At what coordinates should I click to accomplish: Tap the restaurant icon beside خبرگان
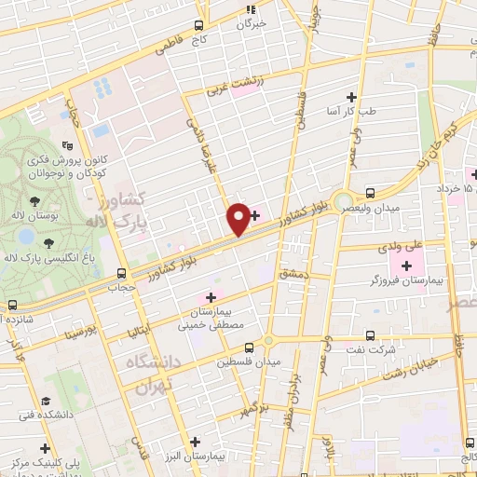(x=250, y=9)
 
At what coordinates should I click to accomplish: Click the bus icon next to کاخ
(x=198, y=26)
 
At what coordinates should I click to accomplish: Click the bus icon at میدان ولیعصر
(x=371, y=193)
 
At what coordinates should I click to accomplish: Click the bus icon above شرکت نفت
(x=370, y=335)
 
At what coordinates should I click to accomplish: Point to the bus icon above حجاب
(x=121, y=273)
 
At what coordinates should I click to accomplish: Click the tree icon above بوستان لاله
(x=34, y=201)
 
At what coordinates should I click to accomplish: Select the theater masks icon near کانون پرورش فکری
(x=66, y=145)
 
